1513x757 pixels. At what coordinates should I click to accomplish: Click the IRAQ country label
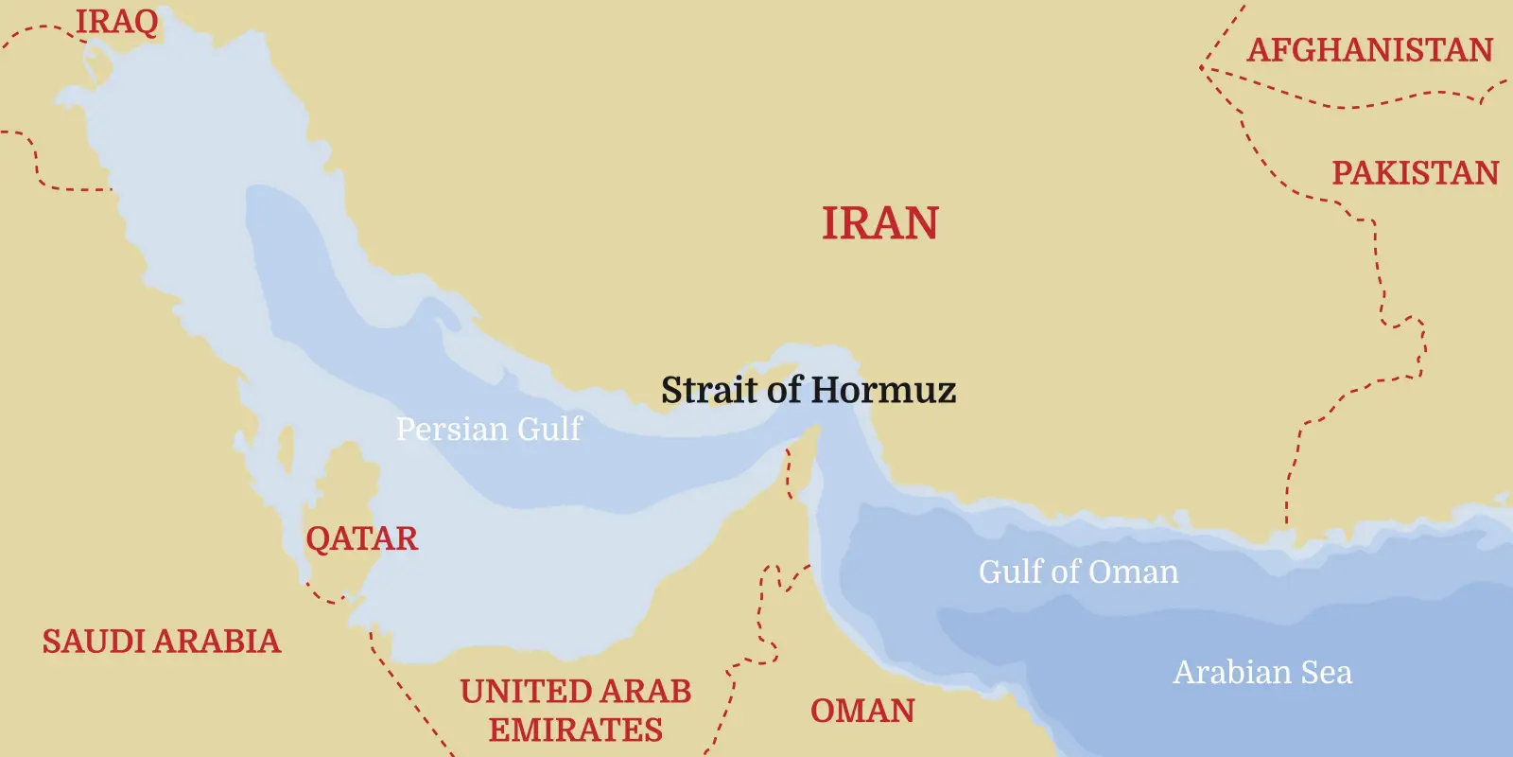pyautogui.click(x=117, y=21)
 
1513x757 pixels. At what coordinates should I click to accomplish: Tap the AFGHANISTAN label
pyautogui.click(x=1370, y=49)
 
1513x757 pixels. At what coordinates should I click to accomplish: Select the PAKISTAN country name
pyautogui.click(x=1415, y=173)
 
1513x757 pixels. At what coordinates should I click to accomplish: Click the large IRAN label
pyautogui.click(x=879, y=224)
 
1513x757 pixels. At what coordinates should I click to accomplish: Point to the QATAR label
pyautogui.click(x=361, y=538)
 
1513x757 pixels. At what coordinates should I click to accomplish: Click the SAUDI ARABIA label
pyautogui.click(x=162, y=642)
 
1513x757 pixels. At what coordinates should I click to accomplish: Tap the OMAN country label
pyautogui.click(x=862, y=711)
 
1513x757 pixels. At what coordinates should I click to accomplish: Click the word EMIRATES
pyautogui.click(x=575, y=731)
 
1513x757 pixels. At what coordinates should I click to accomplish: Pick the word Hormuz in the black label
pyautogui.click(x=883, y=390)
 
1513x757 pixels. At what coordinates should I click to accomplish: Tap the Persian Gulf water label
pyautogui.click(x=488, y=430)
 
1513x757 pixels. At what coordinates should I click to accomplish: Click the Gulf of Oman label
pyautogui.click(x=1078, y=572)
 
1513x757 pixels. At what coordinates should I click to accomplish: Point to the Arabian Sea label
pyautogui.click(x=1262, y=673)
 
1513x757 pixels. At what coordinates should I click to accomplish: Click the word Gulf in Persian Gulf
pyautogui.click(x=548, y=430)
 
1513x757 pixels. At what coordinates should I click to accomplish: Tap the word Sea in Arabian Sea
pyautogui.click(x=1326, y=673)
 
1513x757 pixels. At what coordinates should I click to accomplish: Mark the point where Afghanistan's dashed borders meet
pyautogui.click(x=1202, y=68)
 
